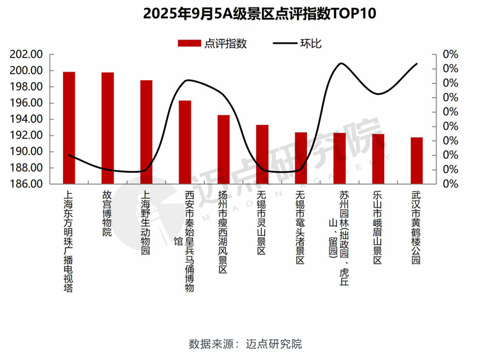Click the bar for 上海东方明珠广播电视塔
point(69,128)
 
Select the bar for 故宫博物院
point(107,128)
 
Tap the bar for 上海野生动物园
point(146,132)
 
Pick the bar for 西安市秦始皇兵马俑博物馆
point(185,142)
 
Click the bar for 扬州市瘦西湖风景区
point(224,149)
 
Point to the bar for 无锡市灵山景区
point(262,154)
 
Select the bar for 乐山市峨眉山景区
point(378,159)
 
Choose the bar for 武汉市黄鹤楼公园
point(417,161)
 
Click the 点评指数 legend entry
point(212,43)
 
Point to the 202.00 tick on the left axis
point(27,54)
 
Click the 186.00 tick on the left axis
point(27,184)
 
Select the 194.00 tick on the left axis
point(27,119)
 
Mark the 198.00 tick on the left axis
point(27,87)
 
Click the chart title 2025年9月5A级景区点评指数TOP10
point(247,14)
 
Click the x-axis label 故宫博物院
point(107,214)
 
